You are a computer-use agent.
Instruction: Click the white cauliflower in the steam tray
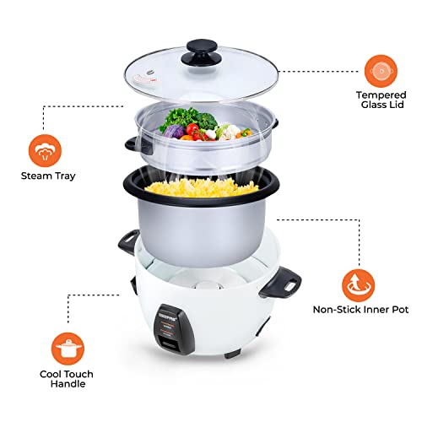coord(229,131)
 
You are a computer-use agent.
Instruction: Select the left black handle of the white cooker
coord(127,240)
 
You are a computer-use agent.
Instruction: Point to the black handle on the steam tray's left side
coord(130,144)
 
